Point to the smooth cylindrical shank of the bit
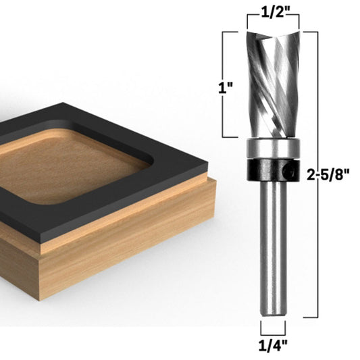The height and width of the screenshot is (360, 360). (273, 243)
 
